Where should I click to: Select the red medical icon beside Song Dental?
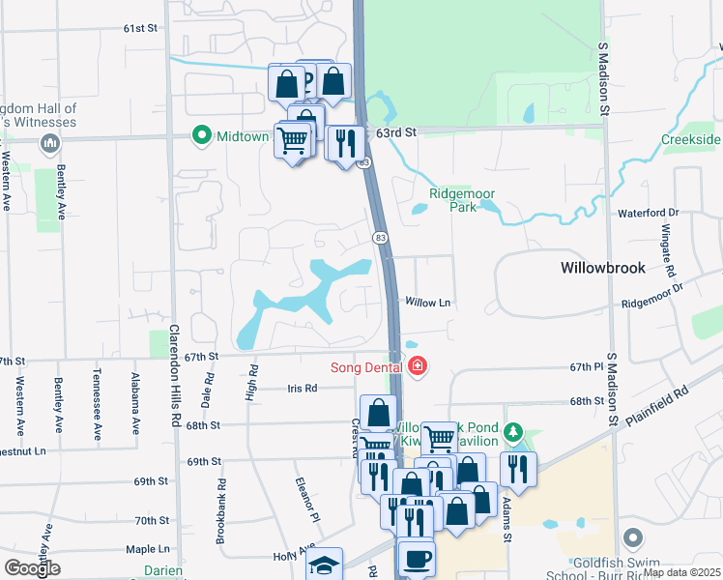[417, 366]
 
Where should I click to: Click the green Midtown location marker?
[202, 135]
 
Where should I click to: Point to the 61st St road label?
[139, 28]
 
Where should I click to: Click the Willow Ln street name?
[428, 303]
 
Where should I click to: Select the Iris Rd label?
[302, 389]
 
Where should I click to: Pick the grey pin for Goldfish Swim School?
[633, 537]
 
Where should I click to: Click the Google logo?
[31, 568]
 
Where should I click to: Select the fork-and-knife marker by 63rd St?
[345, 144]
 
